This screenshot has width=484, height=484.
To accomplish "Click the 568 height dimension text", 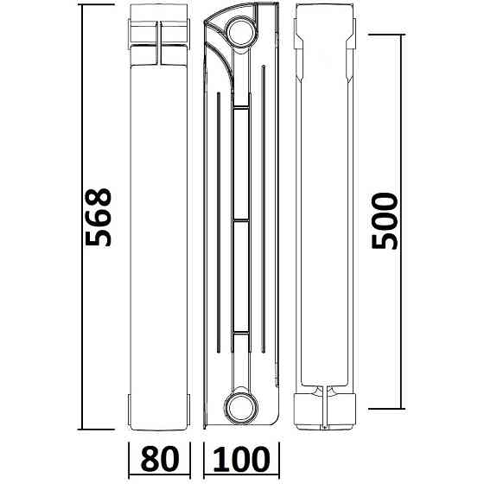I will point(101,217).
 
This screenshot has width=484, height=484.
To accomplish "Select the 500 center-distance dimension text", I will point(386,221).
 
